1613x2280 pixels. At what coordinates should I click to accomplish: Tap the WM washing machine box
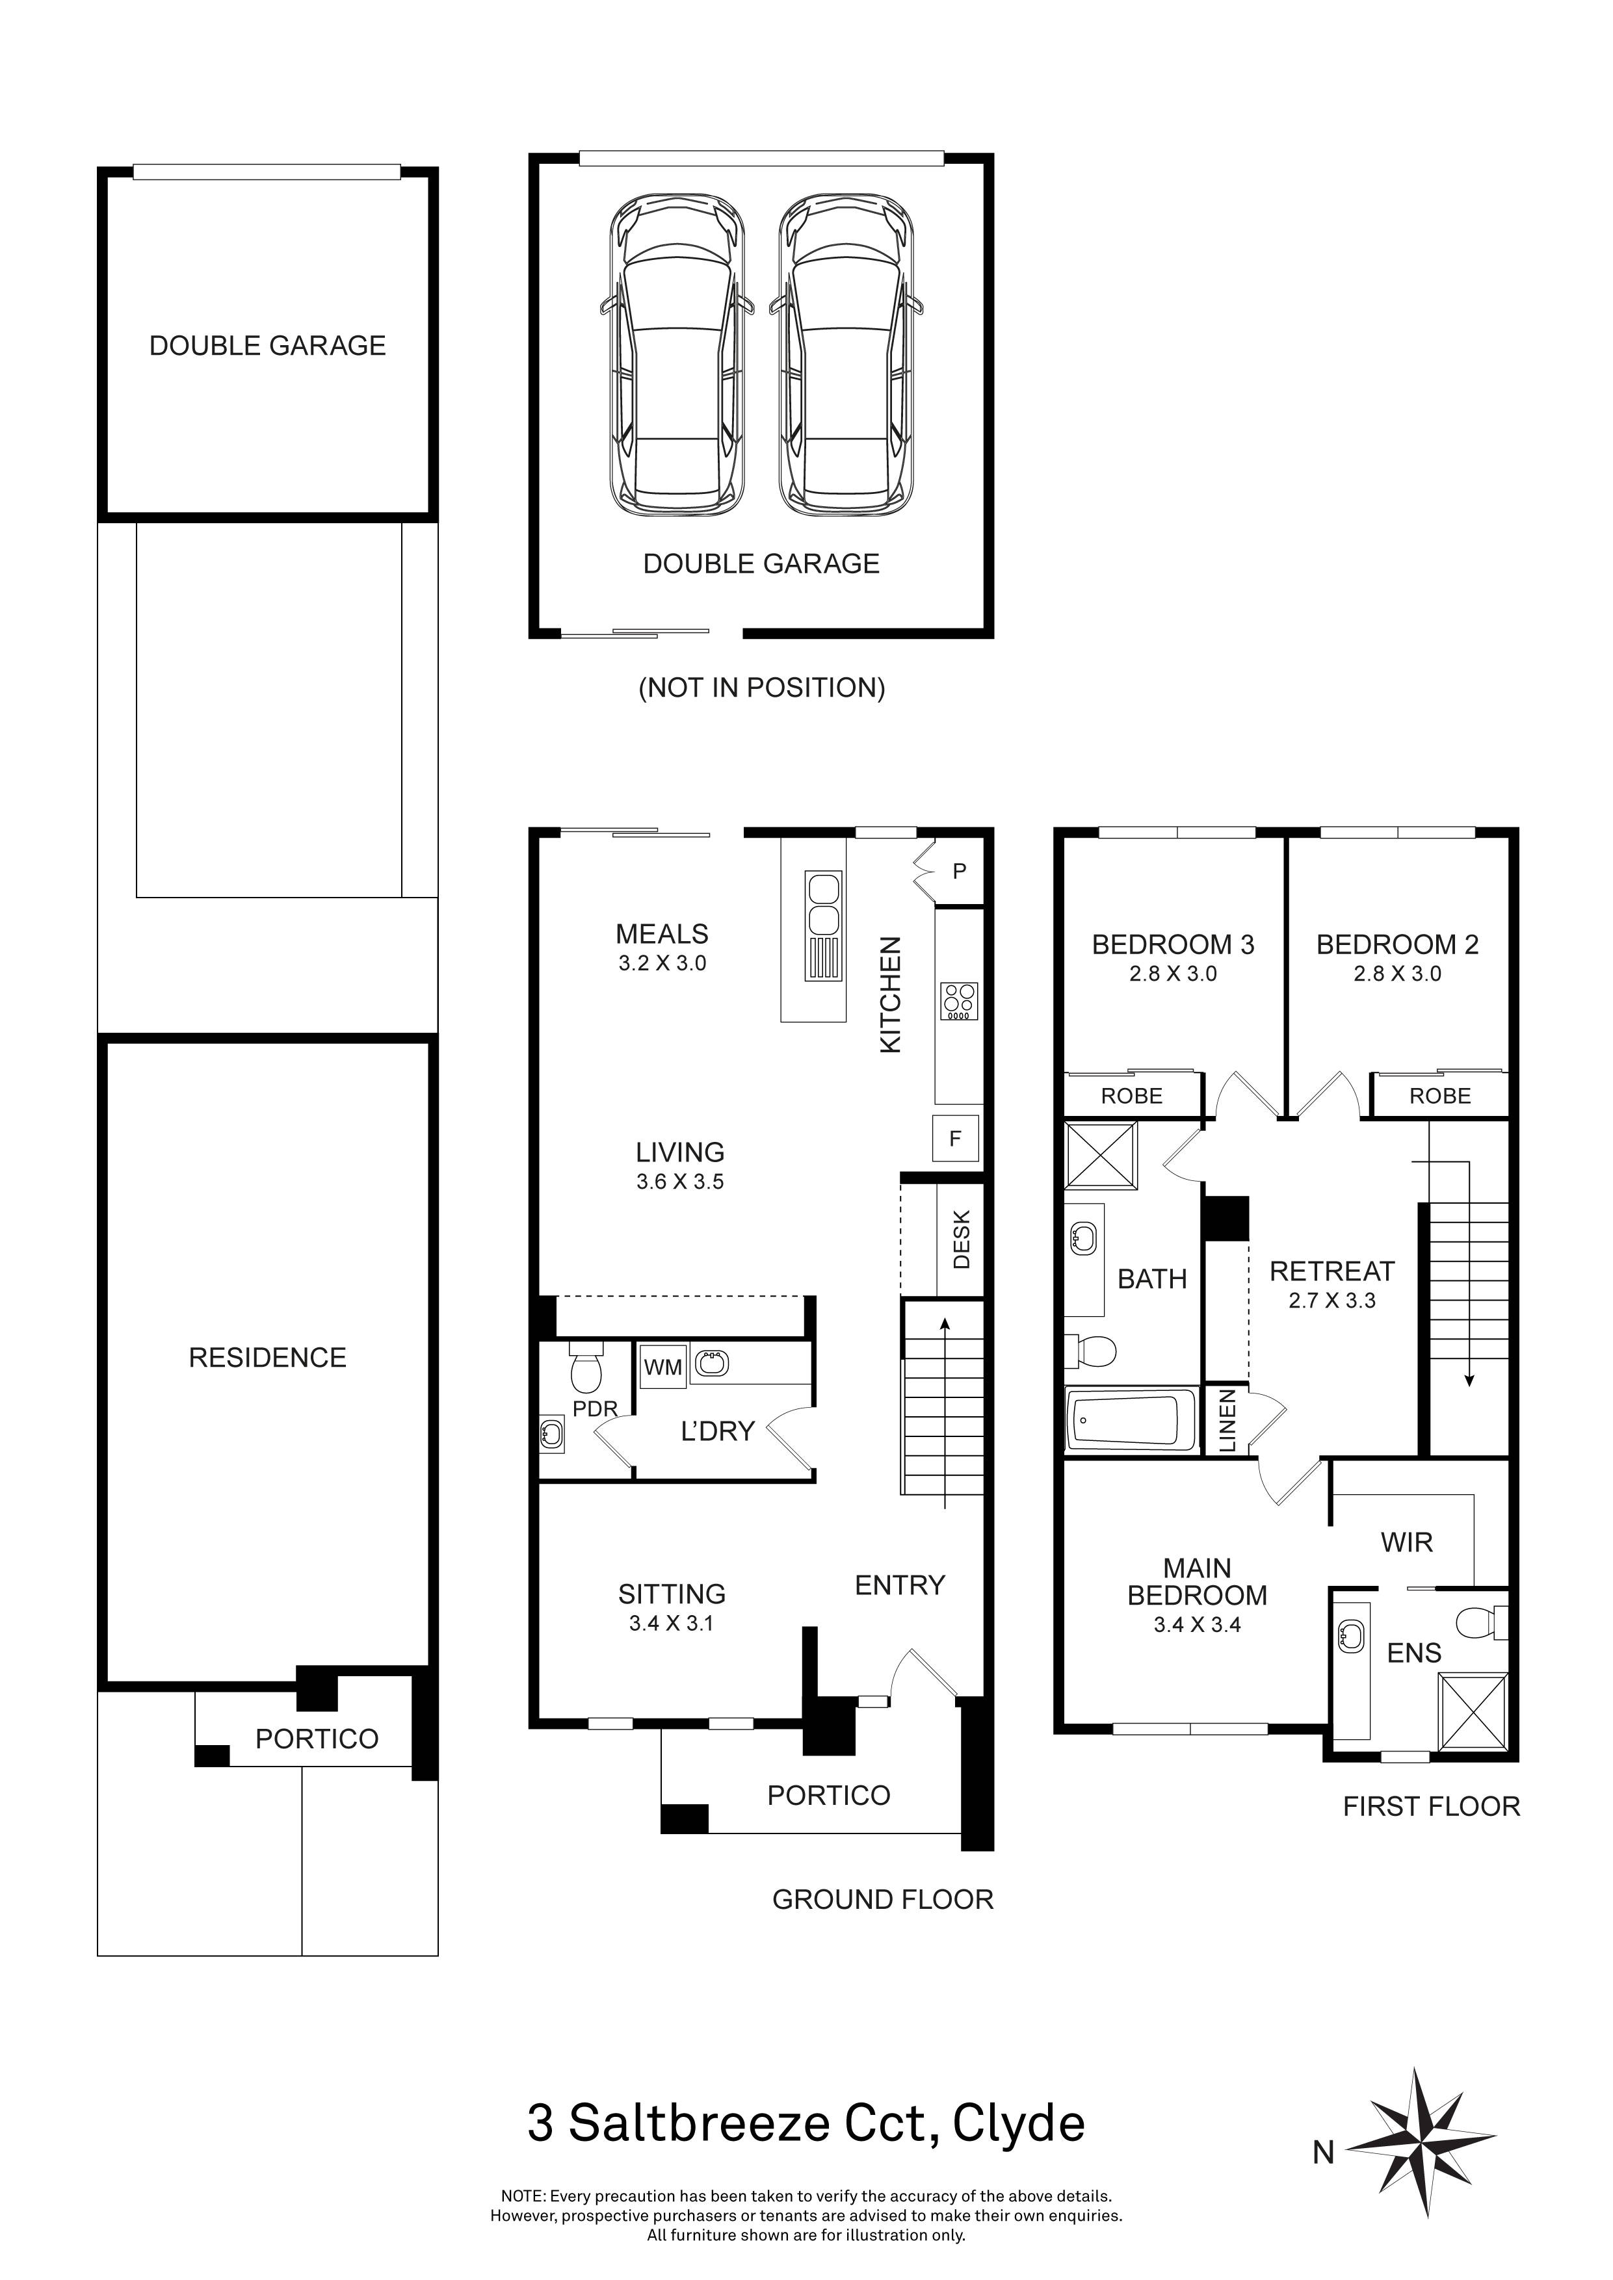[662, 1367]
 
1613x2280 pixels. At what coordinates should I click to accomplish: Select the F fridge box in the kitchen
[956, 1139]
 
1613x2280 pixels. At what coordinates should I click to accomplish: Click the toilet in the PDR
[585, 1367]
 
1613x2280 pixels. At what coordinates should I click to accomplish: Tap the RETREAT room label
[1332, 1271]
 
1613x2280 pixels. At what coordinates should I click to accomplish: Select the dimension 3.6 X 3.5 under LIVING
[680, 1182]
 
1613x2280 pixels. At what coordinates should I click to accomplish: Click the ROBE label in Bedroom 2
[1440, 1096]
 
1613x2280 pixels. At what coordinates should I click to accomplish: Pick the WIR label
[1406, 1542]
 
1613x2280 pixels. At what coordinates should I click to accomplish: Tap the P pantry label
[960, 872]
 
